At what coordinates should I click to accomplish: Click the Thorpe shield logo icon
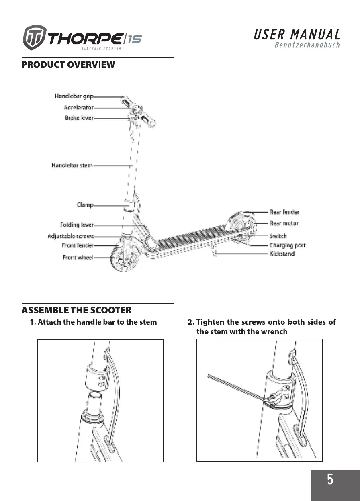[x=35, y=38]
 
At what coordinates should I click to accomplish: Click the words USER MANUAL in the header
[x=297, y=35]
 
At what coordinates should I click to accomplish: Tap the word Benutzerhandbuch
[x=307, y=45]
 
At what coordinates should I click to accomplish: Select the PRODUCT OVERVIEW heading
[x=68, y=65]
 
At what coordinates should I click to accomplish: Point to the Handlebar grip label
[x=74, y=96]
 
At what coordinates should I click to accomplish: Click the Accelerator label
[x=79, y=108]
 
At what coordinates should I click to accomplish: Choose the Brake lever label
[x=79, y=118]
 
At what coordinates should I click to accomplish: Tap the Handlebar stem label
[x=72, y=165]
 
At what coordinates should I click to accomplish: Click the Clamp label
[x=85, y=205]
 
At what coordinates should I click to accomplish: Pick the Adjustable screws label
[x=71, y=236]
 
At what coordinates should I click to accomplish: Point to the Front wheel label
[x=78, y=257]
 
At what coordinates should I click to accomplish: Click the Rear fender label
[x=284, y=212]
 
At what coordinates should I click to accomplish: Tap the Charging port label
[x=287, y=245]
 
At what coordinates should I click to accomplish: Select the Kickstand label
[x=282, y=254]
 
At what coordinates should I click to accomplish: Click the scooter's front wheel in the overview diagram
[x=122, y=258]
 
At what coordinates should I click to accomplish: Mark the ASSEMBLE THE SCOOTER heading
[x=76, y=310]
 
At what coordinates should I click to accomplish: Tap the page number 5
[x=330, y=479]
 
